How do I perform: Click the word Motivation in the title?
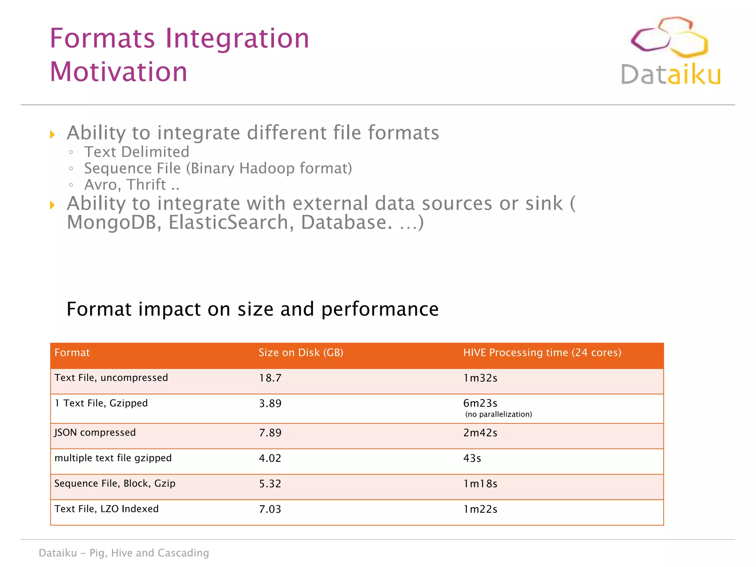coord(118,72)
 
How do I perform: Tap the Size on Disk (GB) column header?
coord(300,353)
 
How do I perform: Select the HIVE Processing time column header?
coord(542,353)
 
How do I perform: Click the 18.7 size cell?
coord(270,378)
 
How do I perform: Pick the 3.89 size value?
coord(270,403)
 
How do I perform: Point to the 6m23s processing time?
coord(480,403)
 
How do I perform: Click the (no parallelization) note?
coord(498,414)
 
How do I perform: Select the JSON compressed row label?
coord(95,432)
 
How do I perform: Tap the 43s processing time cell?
coord(472,458)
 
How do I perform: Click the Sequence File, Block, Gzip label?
coord(114,484)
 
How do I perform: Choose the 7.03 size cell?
coord(270,509)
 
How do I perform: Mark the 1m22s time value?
coord(480,509)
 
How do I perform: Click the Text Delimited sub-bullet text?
coord(137,152)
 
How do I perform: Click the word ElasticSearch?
coord(231,223)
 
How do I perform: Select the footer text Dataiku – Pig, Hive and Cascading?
coord(124,553)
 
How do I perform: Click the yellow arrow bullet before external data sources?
coord(52,205)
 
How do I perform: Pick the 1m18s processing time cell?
coord(480,484)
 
